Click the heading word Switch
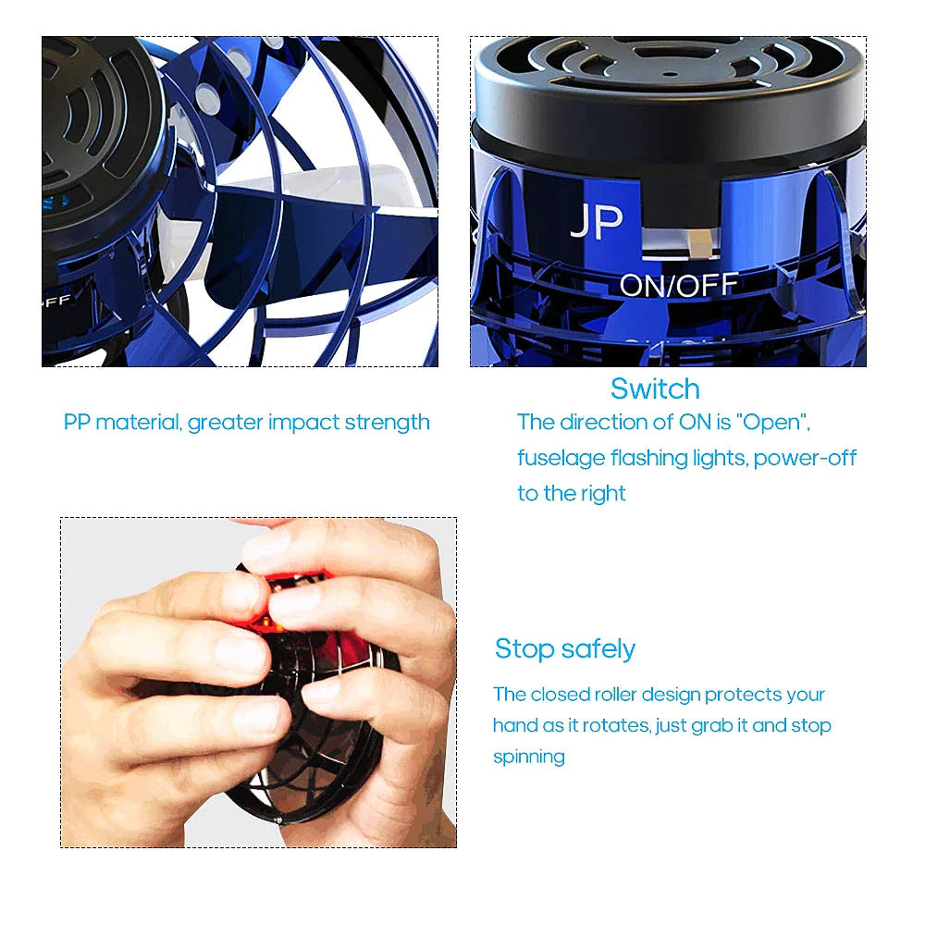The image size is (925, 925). coord(655,388)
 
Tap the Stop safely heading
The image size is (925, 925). coord(565,648)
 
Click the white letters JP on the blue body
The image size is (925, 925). coord(596,222)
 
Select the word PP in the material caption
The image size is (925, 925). coord(76,423)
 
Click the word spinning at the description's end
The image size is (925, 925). coord(528,757)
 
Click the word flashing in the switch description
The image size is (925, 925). coord(641,458)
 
